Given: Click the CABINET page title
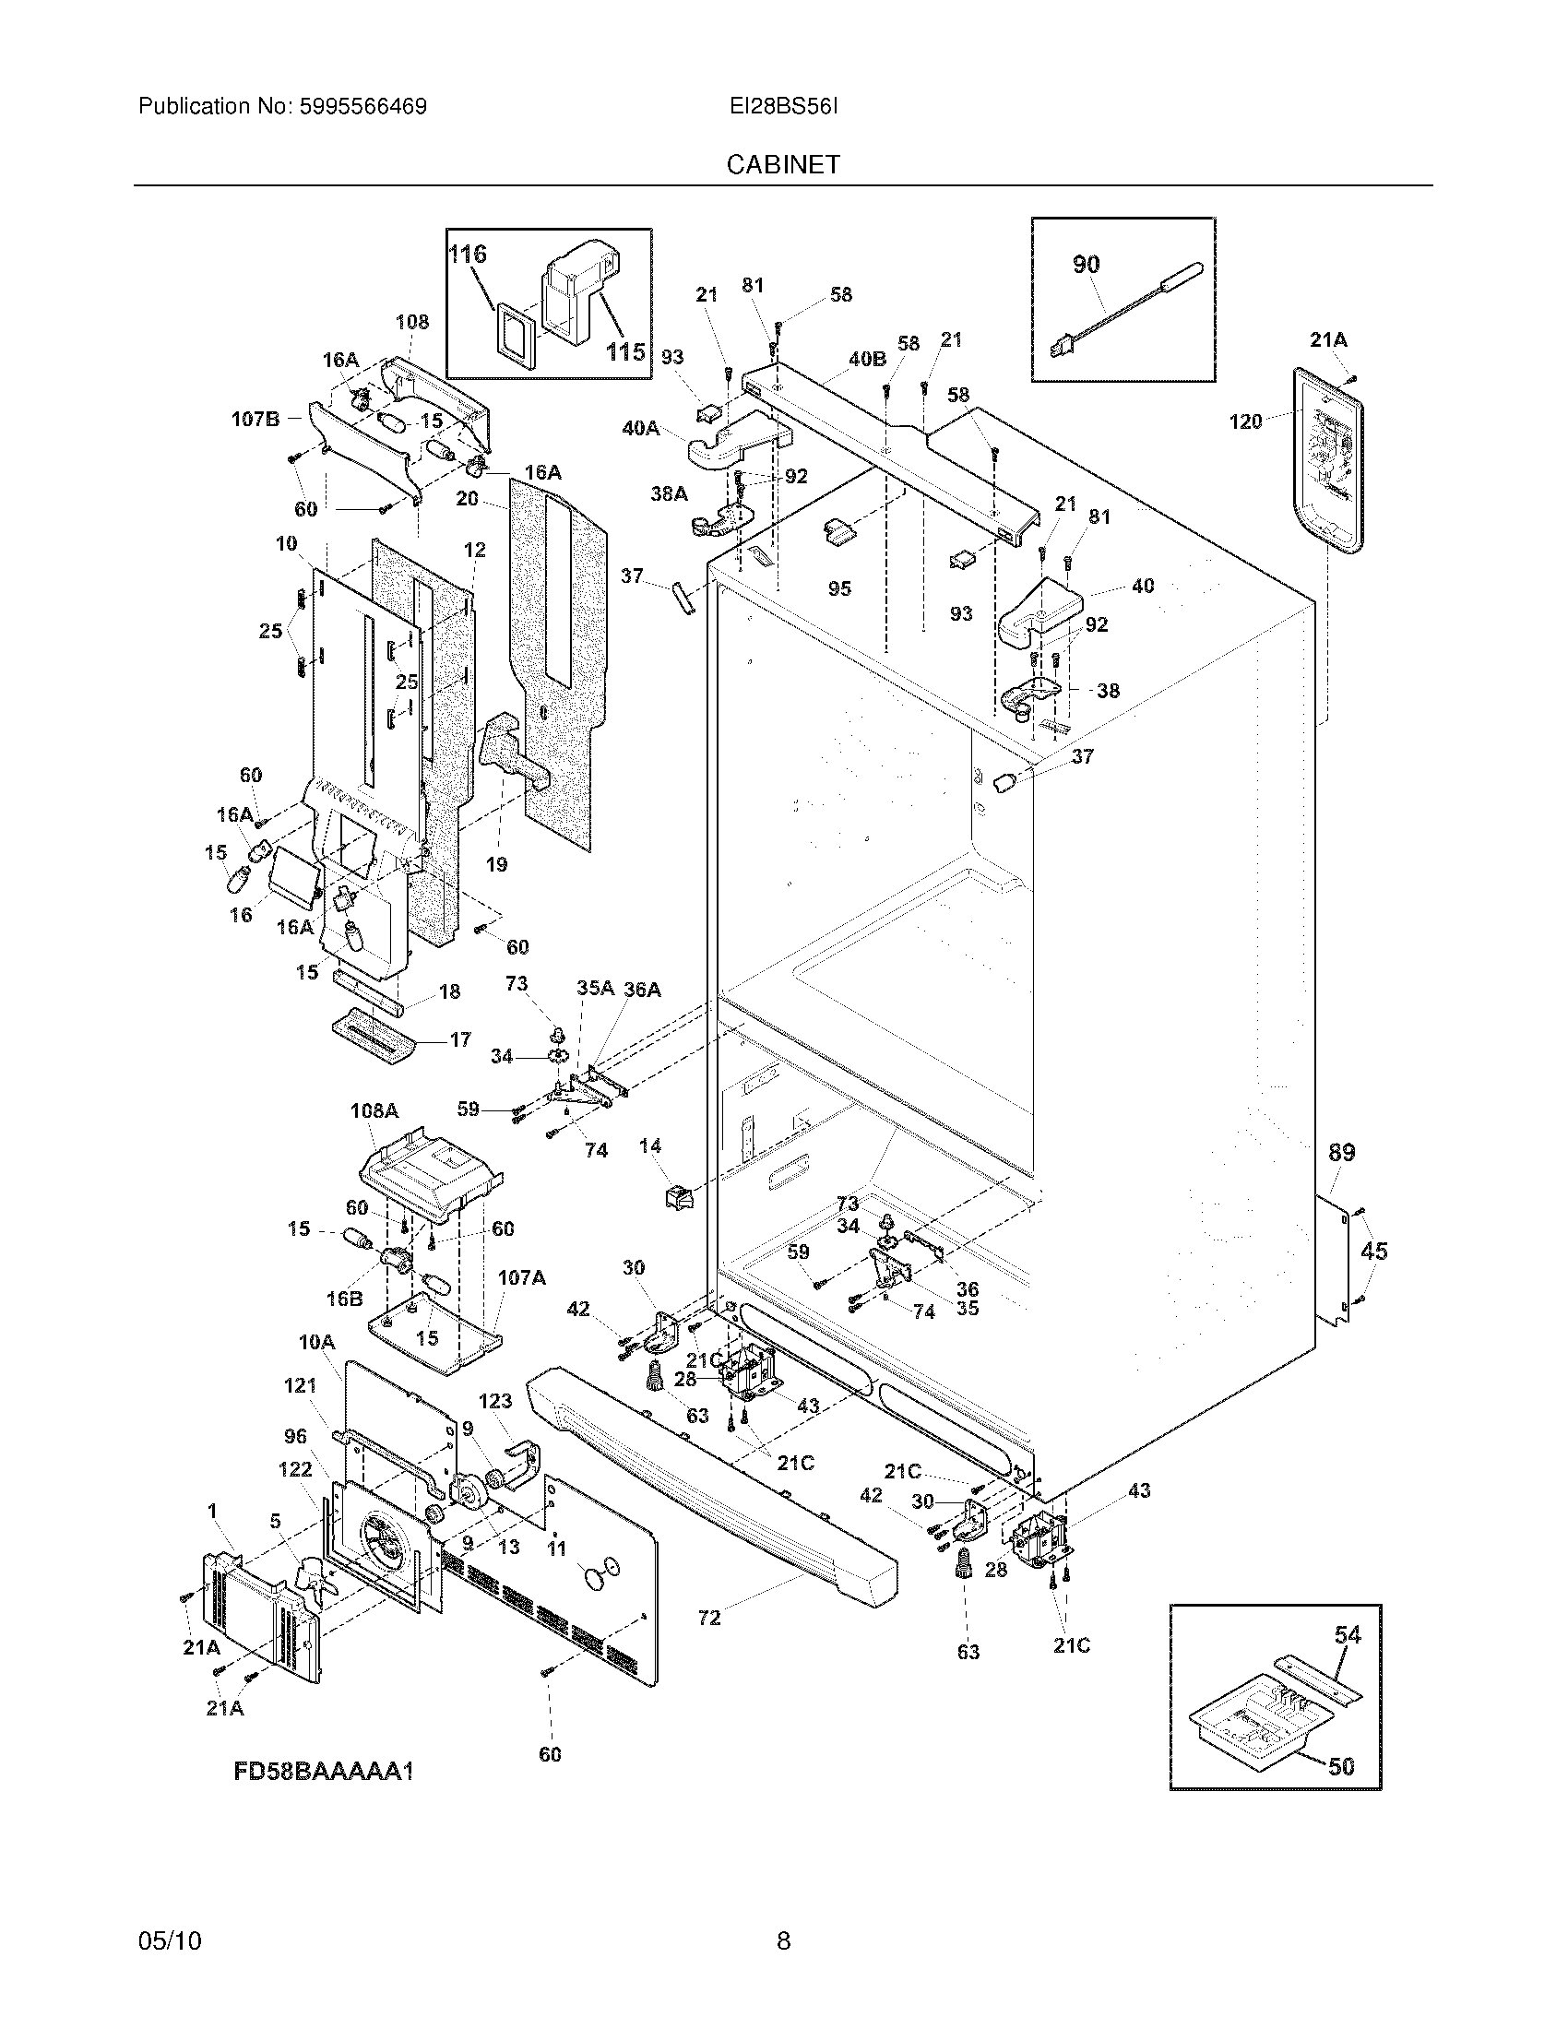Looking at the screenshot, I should coord(783,164).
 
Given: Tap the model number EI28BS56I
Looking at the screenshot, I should coord(783,107).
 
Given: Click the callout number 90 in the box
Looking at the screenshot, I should coord(1086,265).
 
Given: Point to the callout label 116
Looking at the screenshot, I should coord(468,254).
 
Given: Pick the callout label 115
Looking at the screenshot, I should coord(625,351).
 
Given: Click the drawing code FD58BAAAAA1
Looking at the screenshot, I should coord(322,1772).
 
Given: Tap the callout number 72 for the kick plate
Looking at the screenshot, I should coord(708,1618).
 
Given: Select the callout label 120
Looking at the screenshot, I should coord(1245,421).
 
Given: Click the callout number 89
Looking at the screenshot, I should coord(1340,1153).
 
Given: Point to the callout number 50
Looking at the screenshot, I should coord(1340,1766).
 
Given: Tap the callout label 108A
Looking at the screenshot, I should coord(374,1110).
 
